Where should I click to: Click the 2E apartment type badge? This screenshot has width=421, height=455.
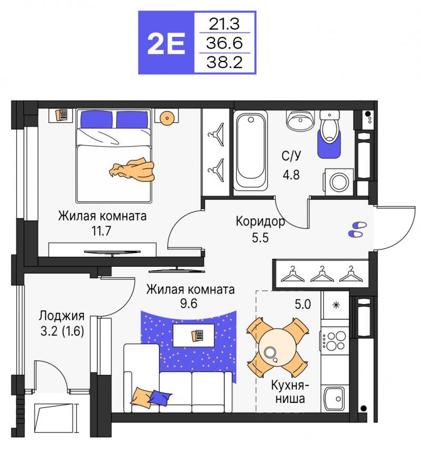click(166, 43)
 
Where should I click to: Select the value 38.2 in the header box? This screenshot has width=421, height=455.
click(224, 63)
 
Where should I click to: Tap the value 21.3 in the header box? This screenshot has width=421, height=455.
click(224, 24)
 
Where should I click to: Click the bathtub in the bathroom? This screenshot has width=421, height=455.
click(250, 150)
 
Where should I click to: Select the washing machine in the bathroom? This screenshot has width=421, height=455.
click(338, 182)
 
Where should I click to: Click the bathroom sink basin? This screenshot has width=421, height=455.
click(300, 119)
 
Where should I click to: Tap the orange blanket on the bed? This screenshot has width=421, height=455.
click(132, 170)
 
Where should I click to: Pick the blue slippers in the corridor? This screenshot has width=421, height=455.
click(357, 229)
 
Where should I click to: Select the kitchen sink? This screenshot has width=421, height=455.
click(334, 399)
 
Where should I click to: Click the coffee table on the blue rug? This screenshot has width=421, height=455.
click(194, 336)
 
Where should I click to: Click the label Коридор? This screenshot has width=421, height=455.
click(260, 221)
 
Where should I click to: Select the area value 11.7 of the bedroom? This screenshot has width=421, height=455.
click(102, 231)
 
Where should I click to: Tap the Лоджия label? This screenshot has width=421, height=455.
click(62, 316)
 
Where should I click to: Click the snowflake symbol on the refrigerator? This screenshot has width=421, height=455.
click(336, 305)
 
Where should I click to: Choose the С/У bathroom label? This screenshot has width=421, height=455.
click(291, 156)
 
